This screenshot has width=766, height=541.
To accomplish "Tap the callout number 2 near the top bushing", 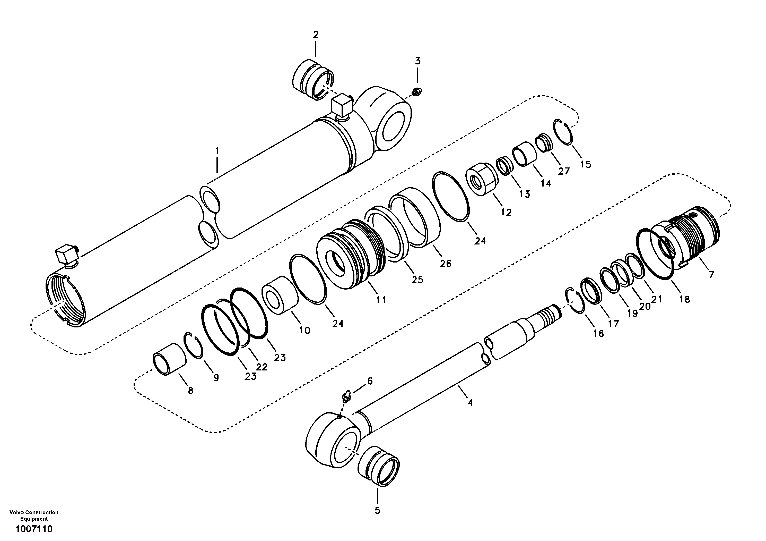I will coord(315,35).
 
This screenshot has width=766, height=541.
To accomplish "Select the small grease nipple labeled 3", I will coord(416,91).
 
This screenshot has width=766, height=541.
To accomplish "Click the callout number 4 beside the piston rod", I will coord(470,403).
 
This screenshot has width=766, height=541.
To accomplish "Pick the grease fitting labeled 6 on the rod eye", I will coord(346,397).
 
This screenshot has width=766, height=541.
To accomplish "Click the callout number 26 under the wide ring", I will coord(445,264).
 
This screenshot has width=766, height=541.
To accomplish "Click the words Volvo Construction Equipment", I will coord(34,515).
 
